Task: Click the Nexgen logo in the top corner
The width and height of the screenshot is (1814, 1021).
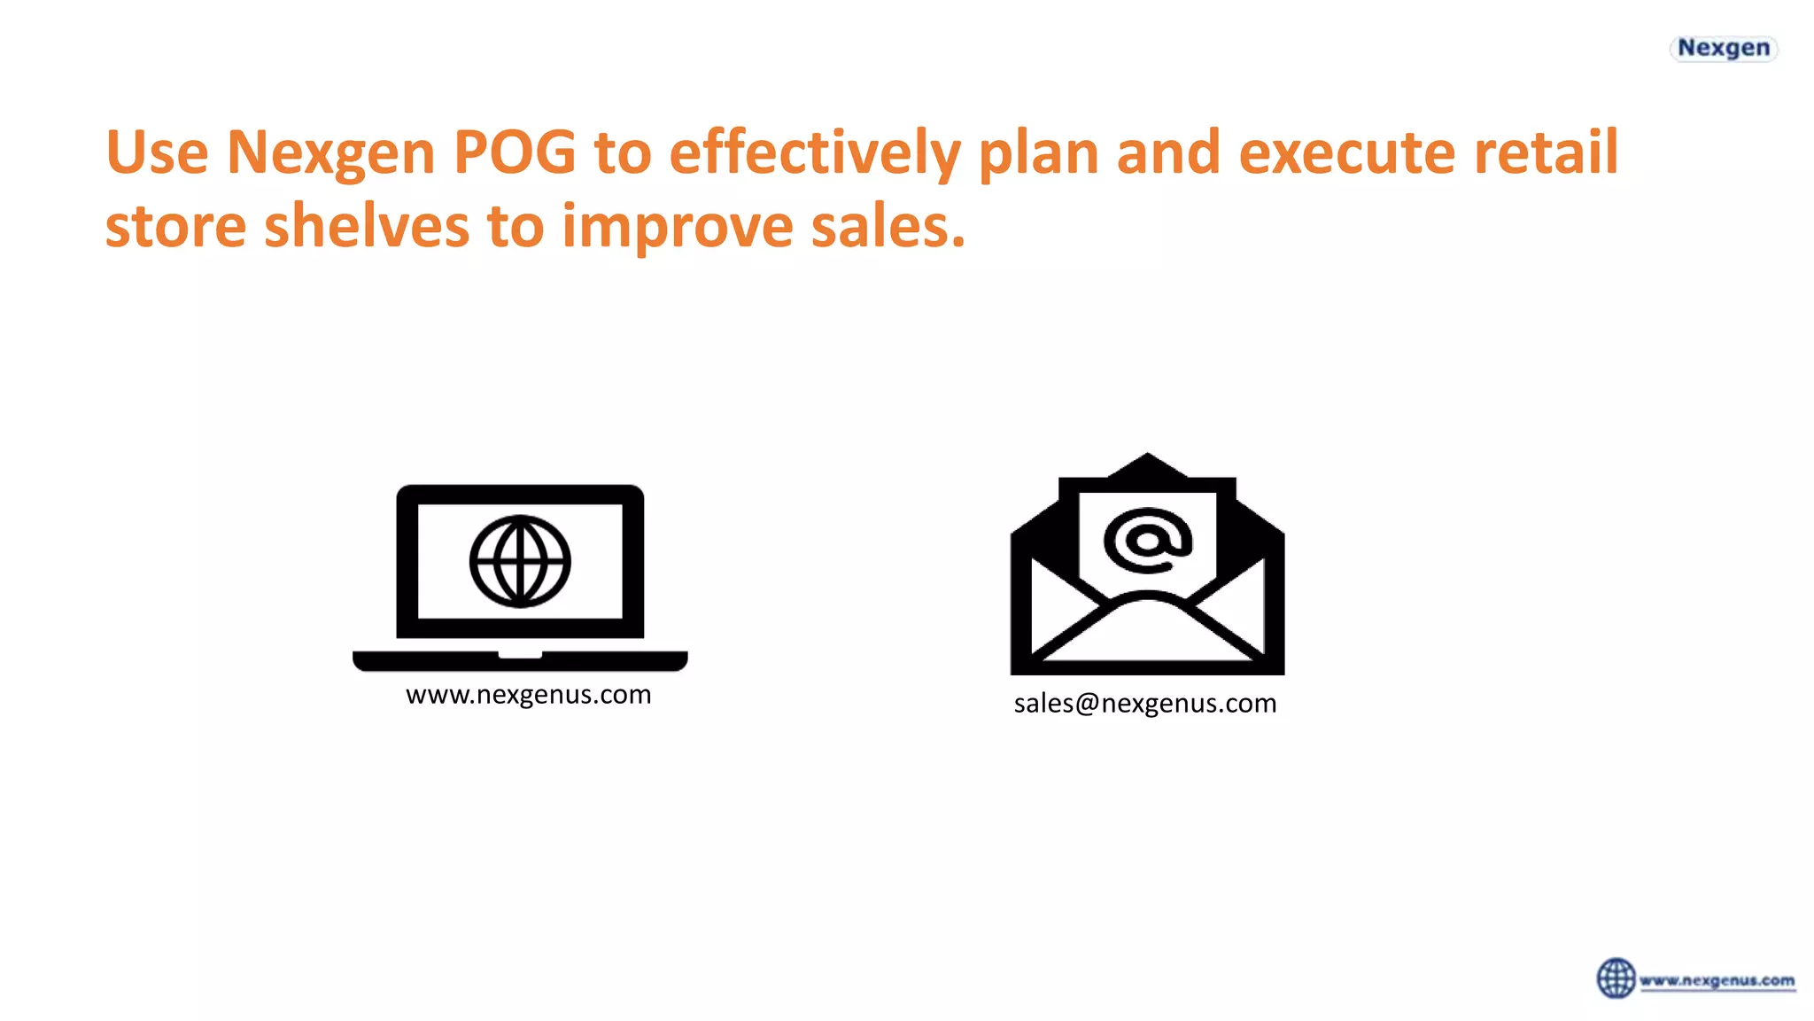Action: (x=1723, y=48)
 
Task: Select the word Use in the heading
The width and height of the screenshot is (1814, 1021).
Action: (x=157, y=152)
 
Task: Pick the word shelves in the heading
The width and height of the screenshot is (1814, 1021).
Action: (x=366, y=226)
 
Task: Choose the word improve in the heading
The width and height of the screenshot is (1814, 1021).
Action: (x=678, y=226)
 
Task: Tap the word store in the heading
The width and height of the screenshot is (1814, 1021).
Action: (x=175, y=226)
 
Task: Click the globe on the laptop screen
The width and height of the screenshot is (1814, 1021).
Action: (x=520, y=561)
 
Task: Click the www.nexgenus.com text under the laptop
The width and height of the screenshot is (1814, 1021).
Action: (x=529, y=695)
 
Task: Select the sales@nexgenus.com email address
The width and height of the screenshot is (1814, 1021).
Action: (x=1145, y=704)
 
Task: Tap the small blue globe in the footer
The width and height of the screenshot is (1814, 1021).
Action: (x=1616, y=978)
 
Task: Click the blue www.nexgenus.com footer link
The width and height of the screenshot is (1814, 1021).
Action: (x=1717, y=981)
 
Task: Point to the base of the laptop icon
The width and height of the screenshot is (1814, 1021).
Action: (x=520, y=661)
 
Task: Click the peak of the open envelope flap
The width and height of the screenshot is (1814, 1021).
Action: (x=1147, y=461)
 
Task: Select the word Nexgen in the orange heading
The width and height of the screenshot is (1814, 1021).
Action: (x=330, y=152)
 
